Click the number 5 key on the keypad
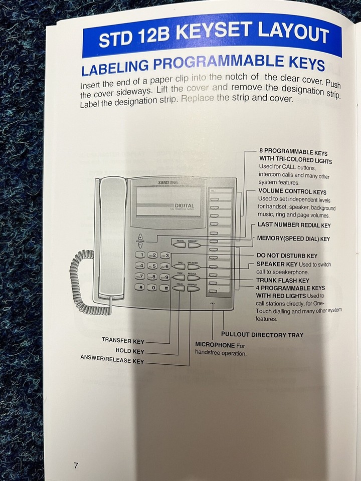[153, 266]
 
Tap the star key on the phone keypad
[141, 287]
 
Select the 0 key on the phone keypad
[153, 287]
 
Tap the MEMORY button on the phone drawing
[194, 246]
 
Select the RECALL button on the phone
[194, 278]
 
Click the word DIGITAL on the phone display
[185, 205]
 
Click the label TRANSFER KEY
[123, 341]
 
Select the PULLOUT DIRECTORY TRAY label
[262, 334]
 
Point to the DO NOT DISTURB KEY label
[287, 256]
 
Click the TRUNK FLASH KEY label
[283, 281]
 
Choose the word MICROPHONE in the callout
[215, 345]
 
